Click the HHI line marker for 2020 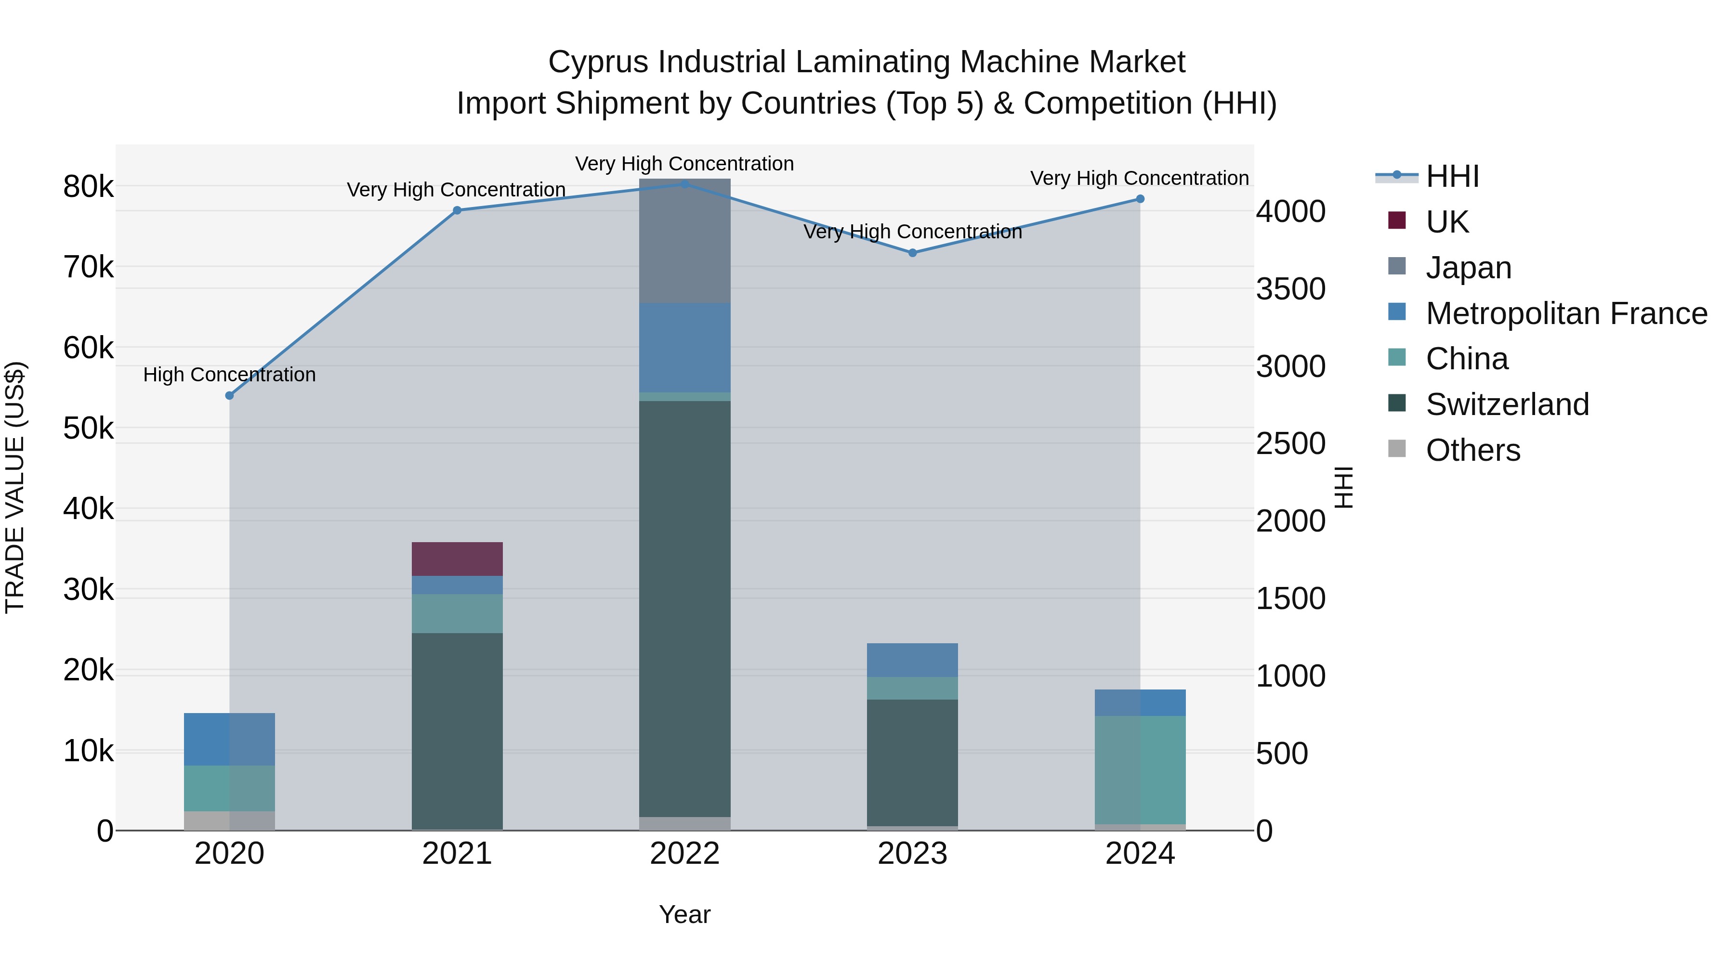coord(230,396)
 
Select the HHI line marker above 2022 coord(684,184)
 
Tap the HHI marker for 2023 coord(913,253)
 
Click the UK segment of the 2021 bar coord(457,559)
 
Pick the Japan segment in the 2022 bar coord(684,240)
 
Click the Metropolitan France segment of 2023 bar coord(912,660)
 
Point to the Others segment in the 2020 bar coord(230,820)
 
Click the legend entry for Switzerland coord(1507,404)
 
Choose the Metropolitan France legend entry coord(1566,313)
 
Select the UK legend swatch coord(1397,220)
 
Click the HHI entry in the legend coord(1452,176)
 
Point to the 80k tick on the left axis coord(88,187)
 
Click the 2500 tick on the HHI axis coord(1290,444)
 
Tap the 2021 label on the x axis coord(457,854)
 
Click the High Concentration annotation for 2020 coord(230,375)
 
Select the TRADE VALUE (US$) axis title coord(15,487)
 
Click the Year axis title coord(684,914)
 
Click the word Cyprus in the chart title coord(600,62)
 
